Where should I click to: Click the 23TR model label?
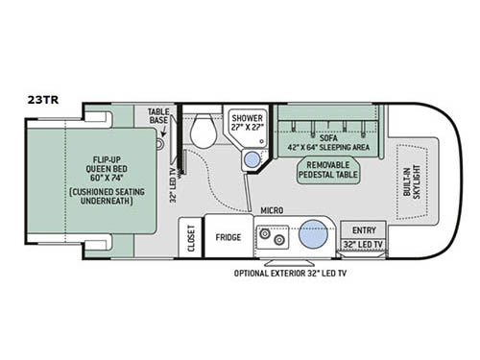[43, 100]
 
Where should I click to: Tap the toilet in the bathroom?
[204, 132]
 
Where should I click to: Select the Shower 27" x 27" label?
[248, 122]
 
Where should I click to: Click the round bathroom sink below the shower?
[252, 159]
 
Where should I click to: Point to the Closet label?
[191, 238]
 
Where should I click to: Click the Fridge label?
[228, 237]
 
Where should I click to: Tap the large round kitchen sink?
[313, 234]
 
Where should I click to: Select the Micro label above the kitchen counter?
[272, 210]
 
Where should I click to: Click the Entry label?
[364, 230]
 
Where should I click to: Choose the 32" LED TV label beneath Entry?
[363, 245]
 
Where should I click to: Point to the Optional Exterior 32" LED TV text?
[290, 274]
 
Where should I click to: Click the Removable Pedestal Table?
[328, 170]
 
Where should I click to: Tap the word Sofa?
[328, 138]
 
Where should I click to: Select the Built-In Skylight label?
[412, 182]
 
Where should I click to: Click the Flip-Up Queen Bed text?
[107, 169]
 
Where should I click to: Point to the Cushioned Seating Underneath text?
[107, 196]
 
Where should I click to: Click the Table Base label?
[158, 116]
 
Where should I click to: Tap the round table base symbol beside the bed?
[160, 144]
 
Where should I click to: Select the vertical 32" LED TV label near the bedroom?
[173, 186]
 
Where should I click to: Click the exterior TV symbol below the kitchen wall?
[289, 263]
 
